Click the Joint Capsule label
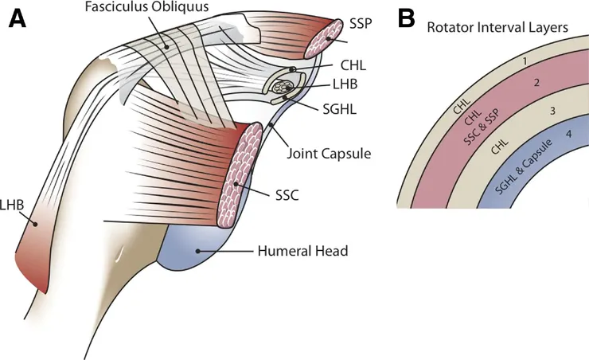coord(329,152)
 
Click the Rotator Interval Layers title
coord(497,27)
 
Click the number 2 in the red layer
coord(536,84)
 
